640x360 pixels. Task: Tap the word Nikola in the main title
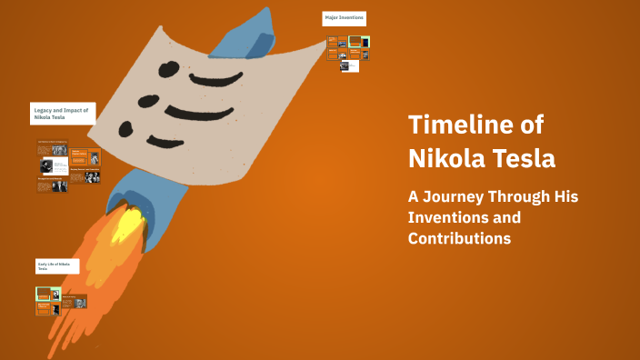pos(446,158)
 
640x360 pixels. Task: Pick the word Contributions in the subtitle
pos(459,238)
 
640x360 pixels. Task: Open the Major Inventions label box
pos(344,18)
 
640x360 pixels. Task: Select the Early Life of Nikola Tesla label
pos(57,265)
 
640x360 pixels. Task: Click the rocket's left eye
pos(167,67)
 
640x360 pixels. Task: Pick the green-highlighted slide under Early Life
pos(43,293)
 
